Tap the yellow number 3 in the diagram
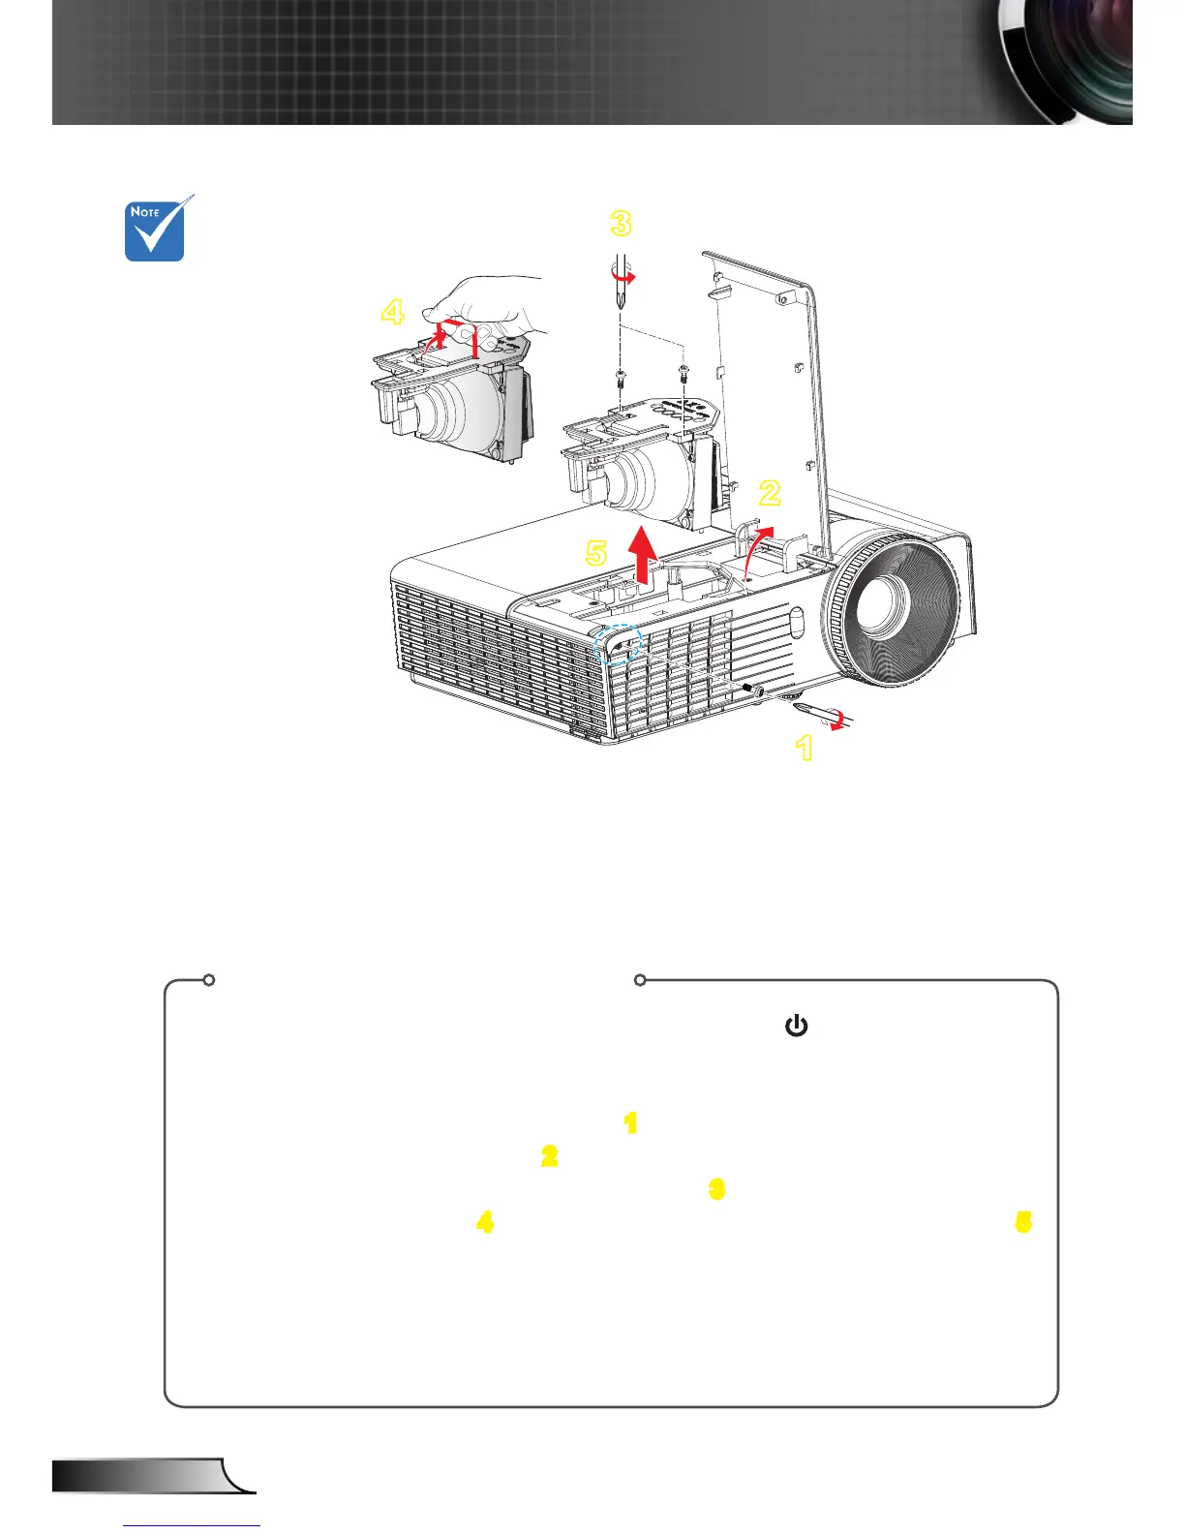point(621,224)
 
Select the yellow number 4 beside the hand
point(392,312)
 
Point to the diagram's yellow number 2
point(770,493)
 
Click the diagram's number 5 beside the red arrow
point(596,553)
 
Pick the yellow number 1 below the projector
point(804,748)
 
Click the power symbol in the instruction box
point(796,1026)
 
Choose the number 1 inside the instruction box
point(631,1123)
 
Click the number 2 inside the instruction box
point(549,1156)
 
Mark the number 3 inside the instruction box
point(716,1189)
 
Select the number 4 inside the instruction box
point(485,1223)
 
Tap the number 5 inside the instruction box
point(1022,1223)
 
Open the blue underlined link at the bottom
point(192,1525)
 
